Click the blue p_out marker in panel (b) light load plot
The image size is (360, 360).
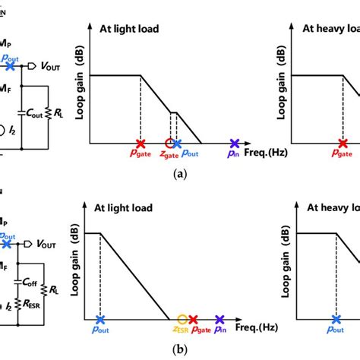[x=99, y=321]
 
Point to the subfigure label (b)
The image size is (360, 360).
[x=179, y=350]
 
